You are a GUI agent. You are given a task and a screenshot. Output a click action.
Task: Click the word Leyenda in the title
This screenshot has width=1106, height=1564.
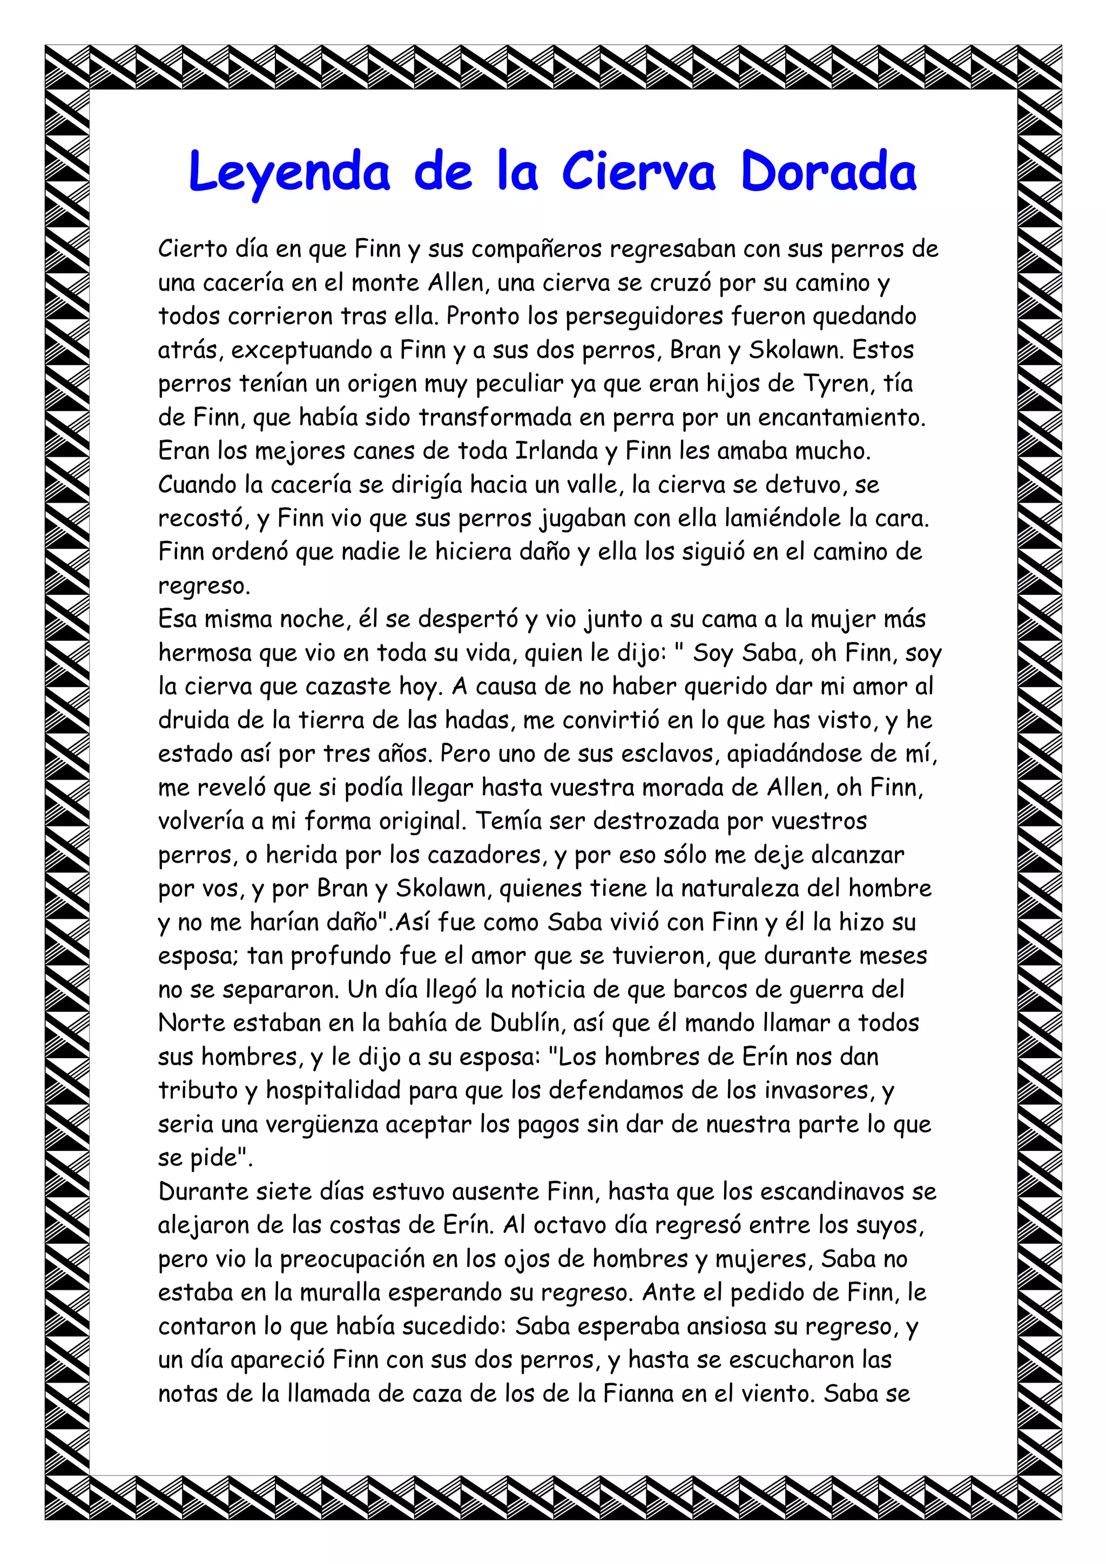point(289,172)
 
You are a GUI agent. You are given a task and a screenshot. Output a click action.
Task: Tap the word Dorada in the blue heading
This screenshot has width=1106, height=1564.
point(828,172)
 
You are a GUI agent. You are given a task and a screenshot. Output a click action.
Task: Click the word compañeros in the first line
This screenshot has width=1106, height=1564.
point(536,249)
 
